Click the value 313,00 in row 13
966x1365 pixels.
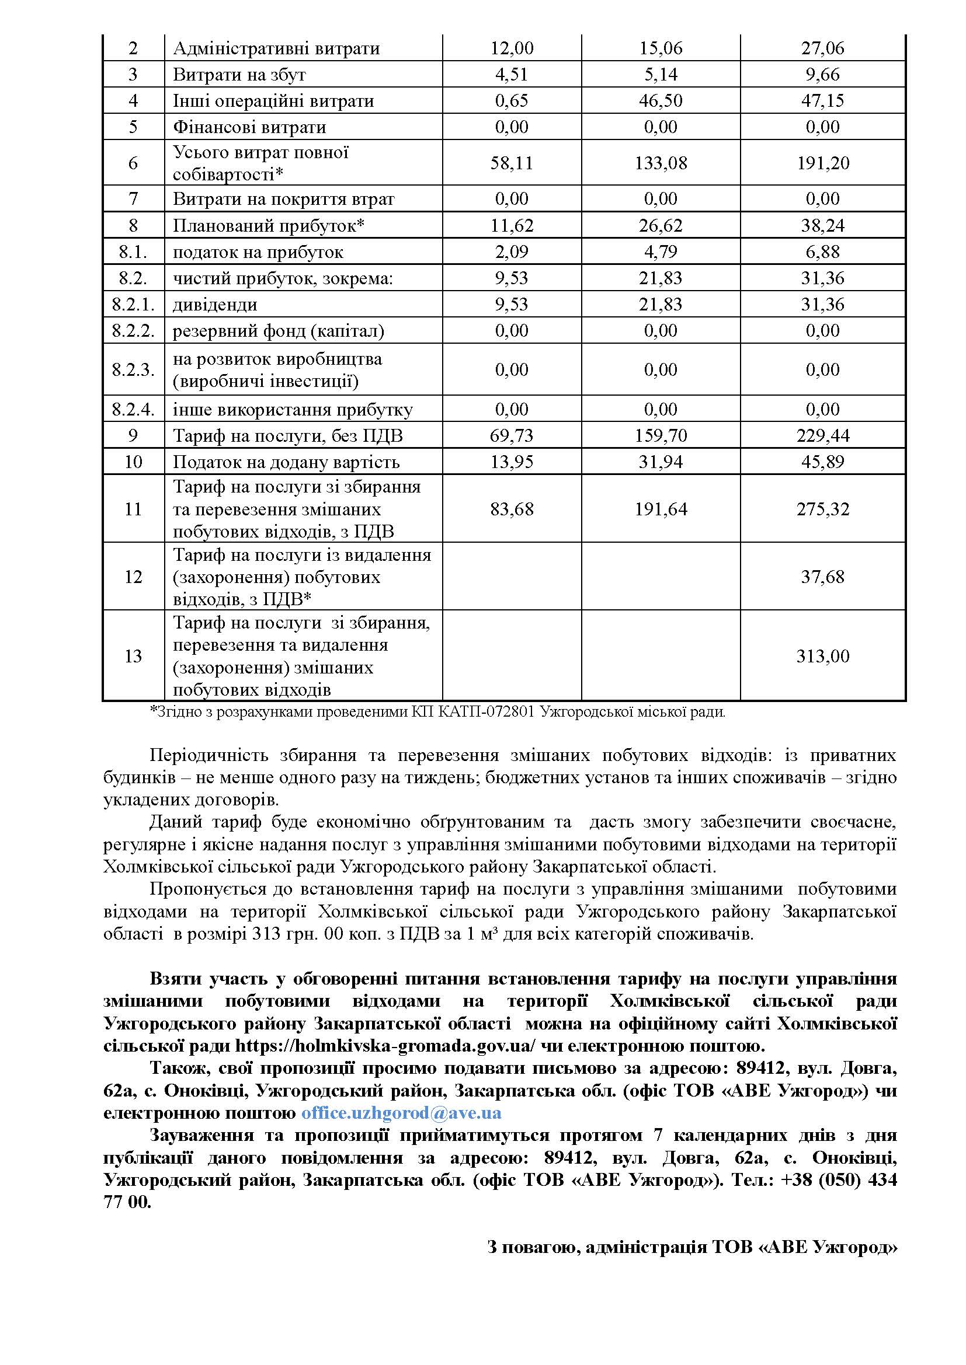823,657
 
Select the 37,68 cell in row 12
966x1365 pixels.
823,577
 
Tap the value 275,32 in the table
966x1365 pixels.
823,509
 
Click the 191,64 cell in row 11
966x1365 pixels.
661,509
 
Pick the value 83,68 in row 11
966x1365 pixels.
512,509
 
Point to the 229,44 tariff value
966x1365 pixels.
823,436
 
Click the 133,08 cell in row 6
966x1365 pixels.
661,163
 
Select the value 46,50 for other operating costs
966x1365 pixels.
661,100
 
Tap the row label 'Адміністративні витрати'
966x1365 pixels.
276,48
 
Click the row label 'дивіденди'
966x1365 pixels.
215,305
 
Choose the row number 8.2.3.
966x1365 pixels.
133,370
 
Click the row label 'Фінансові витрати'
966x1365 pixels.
249,127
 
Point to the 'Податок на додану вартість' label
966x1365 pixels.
286,462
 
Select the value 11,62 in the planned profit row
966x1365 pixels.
512,225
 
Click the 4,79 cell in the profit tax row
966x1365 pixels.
661,252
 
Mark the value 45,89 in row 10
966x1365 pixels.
823,462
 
